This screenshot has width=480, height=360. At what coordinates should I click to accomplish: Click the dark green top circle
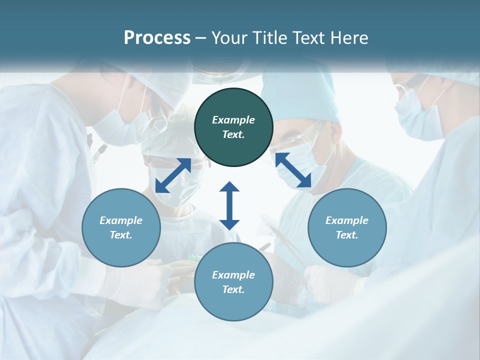click(233, 127)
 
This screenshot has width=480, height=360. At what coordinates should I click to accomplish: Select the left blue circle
click(121, 227)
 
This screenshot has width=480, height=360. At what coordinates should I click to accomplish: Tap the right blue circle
click(347, 227)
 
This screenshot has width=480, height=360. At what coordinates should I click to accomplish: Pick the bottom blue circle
click(233, 282)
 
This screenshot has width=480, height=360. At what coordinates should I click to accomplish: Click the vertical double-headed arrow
click(229, 205)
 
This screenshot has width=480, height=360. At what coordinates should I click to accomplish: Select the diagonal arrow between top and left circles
click(173, 175)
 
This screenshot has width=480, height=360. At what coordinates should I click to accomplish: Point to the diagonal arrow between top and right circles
click(293, 170)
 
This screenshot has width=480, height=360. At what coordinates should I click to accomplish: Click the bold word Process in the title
click(157, 37)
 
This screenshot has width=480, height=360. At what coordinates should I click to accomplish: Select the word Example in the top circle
click(233, 120)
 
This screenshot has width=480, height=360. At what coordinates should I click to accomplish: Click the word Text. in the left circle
click(121, 235)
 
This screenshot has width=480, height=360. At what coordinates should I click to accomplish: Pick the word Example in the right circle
click(347, 220)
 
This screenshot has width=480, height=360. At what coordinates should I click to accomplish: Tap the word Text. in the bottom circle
click(233, 289)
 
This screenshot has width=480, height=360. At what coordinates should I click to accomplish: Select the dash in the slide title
click(201, 38)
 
